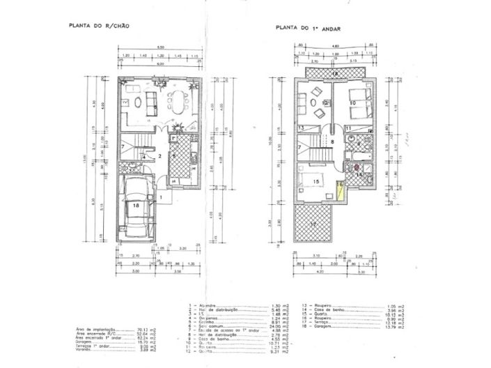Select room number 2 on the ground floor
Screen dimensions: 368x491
click(x=159, y=157)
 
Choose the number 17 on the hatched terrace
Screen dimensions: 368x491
click(x=313, y=224)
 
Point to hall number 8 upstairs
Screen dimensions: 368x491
click(x=333, y=141)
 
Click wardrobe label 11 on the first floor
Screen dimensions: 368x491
click(x=347, y=128)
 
